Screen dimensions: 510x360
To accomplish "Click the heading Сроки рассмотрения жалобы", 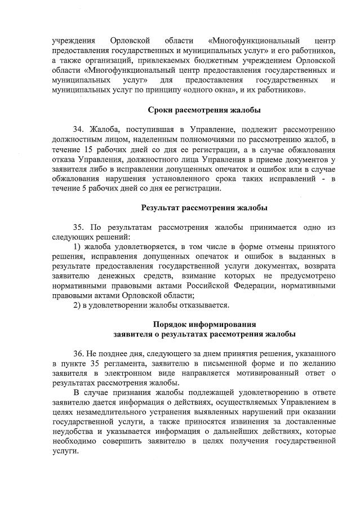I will (x=204, y=109).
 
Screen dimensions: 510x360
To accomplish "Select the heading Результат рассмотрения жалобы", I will (x=204, y=208).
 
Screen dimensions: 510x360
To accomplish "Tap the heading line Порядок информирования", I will (x=204, y=324).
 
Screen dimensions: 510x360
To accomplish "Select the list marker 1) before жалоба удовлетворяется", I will (x=78, y=247).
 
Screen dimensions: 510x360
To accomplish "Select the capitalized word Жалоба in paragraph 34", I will (x=104, y=130).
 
